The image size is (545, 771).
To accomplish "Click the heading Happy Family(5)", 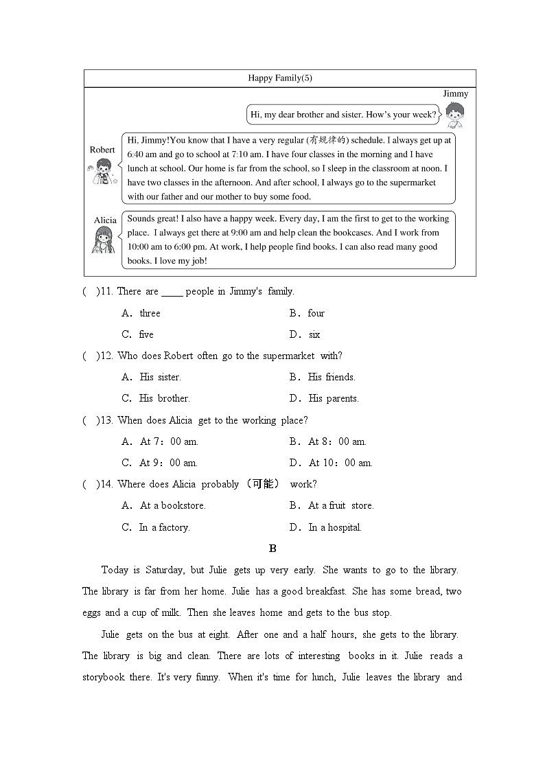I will [x=280, y=78].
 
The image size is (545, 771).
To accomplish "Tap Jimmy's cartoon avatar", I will [x=454, y=115].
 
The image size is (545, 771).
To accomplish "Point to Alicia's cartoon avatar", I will [x=104, y=240].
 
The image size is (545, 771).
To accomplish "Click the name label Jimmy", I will [x=455, y=94].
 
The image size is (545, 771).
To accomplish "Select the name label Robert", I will [x=102, y=150].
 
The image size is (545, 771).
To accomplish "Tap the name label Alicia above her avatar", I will [x=105, y=220].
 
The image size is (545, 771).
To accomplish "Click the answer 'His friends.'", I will [x=332, y=377].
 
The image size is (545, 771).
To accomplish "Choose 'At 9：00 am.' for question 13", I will [x=169, y=463].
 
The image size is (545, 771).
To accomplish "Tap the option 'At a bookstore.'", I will [x=173, y=506].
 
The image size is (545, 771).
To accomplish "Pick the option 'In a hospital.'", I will [x=335, y=527].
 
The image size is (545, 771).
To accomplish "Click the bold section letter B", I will [x=272, y=549].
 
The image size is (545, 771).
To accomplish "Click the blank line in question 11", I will [x=172, y=292].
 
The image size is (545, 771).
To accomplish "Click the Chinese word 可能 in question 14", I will [x=262, y=484].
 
